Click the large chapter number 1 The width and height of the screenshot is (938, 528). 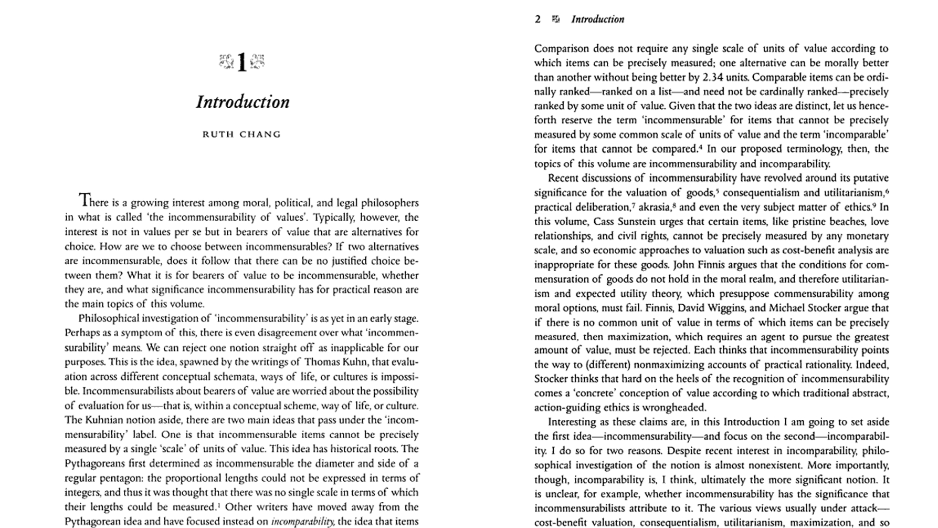click(x=241, y=63)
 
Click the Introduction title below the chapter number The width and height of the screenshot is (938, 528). click(x=243, y=101)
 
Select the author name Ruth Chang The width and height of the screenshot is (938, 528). click(x=241, y=134)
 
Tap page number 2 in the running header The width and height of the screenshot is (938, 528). click(x=537, y=19)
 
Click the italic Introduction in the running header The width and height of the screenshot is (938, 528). click(x=597, y=19)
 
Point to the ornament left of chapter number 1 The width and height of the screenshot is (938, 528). click(x=226, y=62)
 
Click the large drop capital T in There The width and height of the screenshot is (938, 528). click(x=84, y=200)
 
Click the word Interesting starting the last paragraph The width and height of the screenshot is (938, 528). click(x=576, y=422)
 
